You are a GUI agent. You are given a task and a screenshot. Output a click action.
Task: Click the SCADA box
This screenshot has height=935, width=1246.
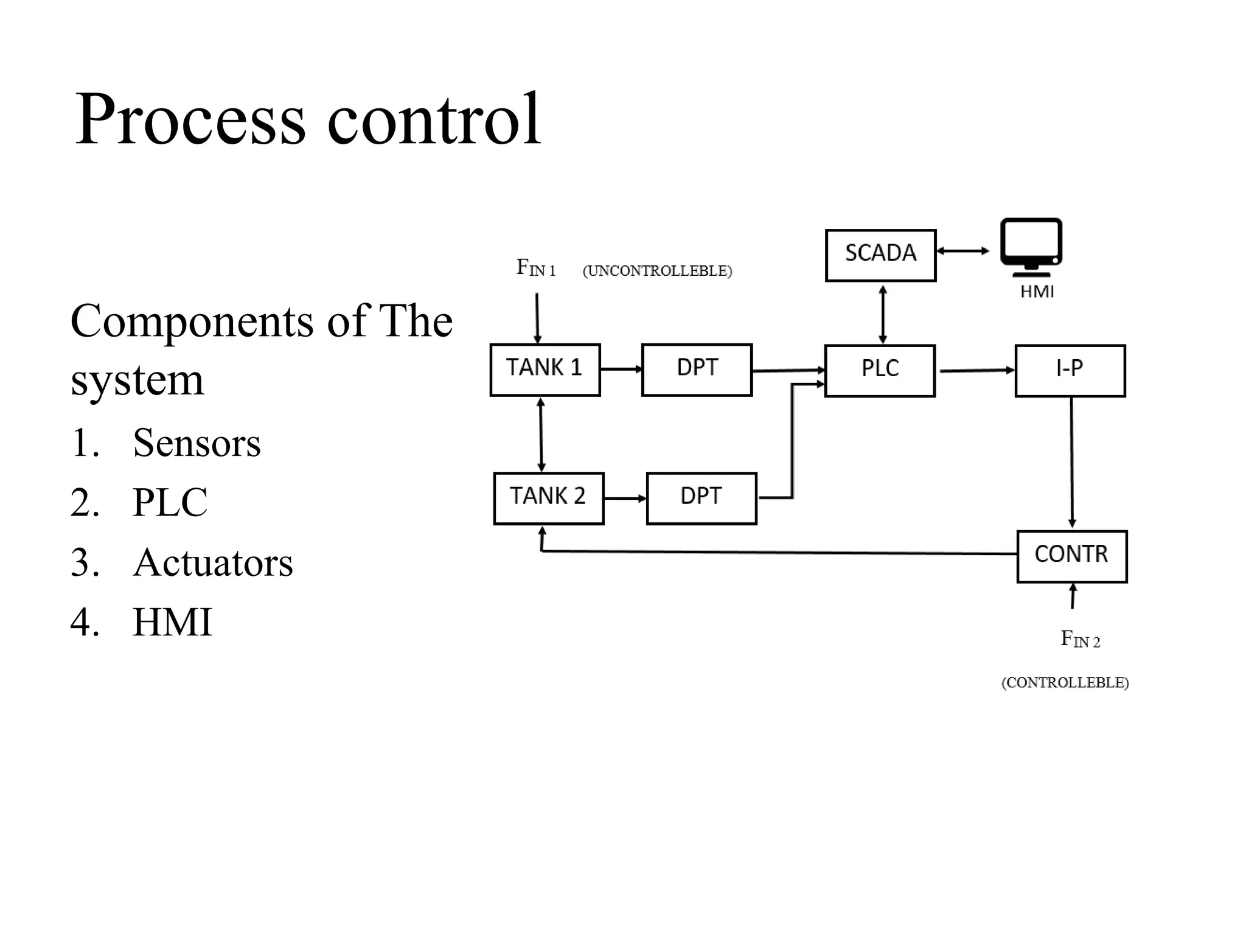(880, 255)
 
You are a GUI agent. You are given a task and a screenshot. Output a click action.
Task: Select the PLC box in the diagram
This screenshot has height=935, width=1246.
(880, 371)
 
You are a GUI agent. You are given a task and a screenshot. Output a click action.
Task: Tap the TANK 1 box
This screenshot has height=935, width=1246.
(545, 369)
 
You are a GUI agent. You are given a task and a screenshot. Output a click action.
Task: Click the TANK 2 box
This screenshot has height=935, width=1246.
(548, 498)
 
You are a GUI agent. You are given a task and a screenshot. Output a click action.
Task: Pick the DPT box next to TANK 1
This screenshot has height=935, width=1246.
(697, 369)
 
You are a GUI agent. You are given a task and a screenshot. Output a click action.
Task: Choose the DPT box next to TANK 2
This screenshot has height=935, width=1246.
(701, 498)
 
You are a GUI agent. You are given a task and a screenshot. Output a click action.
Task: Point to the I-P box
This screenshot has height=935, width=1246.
(1070, 371)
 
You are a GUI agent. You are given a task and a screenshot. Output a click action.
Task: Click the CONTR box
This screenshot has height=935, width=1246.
(1072, 556)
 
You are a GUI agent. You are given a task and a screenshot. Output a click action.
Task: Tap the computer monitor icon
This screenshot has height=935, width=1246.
(1031, 245)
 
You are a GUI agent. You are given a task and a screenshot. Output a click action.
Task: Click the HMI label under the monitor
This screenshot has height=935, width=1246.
(1037, 292)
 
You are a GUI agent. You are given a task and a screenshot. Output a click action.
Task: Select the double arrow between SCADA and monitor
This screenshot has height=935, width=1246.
(962, 251)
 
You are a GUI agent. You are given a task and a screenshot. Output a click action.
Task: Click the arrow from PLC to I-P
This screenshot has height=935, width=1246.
(976, 370)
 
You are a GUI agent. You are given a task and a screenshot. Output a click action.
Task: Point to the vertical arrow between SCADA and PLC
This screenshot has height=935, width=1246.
(883, 314)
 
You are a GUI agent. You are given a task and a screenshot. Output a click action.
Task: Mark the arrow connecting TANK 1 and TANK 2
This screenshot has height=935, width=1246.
(541, 434)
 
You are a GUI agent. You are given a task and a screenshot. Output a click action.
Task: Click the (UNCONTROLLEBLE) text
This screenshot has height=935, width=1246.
(657, 271)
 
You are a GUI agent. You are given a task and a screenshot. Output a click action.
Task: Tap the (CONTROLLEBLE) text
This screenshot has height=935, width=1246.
(1065, 682)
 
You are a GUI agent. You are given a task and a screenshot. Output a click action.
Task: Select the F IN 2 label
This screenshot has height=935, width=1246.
(1080, 639)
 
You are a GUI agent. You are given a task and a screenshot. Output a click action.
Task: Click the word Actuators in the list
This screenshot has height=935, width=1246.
(213, 562)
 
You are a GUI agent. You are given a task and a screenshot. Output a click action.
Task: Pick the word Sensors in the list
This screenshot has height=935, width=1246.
(197, 443)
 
